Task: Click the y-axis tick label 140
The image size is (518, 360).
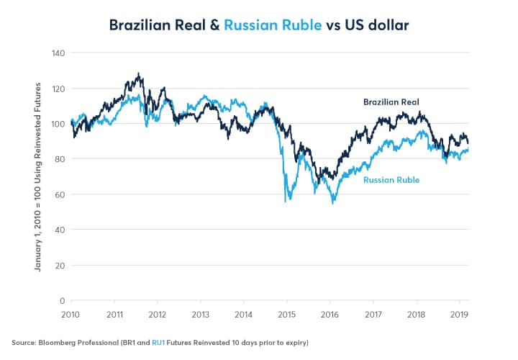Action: coord(58,53)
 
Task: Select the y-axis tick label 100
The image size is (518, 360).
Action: coord(58,124)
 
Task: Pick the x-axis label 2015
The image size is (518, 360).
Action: coord(286,315)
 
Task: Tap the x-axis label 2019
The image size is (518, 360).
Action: coord(458,315)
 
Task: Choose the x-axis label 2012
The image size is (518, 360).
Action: coord(158,315)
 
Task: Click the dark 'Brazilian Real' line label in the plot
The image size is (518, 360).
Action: coord(391,102)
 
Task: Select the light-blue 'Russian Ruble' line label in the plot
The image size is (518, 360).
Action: coord(391,180)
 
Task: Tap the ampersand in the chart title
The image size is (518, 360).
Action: coord(214,25)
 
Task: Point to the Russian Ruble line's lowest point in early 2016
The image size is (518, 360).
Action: coord(333,203)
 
